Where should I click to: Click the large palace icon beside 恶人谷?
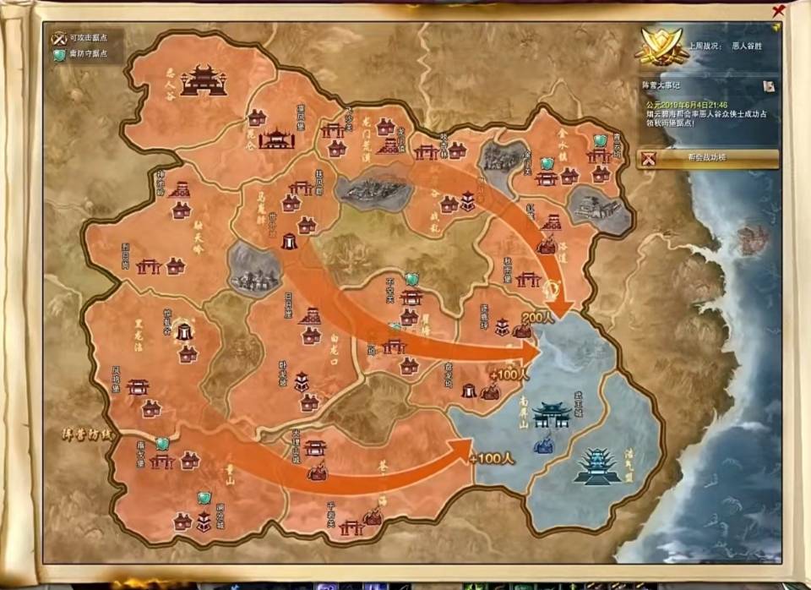coord(204,81)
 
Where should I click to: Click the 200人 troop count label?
coord(536,315)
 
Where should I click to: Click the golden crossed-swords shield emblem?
coord(661,45)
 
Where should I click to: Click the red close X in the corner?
coord(778,11)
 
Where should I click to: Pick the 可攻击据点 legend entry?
coord(84,38)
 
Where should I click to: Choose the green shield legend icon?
coord(59,55)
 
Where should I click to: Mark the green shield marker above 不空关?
coord(411,278)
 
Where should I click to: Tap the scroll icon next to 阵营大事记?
coord(769,85)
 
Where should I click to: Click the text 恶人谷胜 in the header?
coord(747,46)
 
